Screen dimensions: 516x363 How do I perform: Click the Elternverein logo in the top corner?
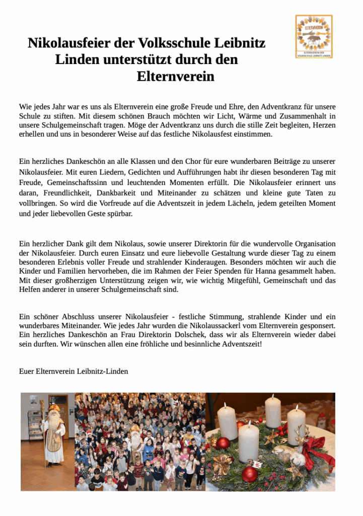pyautogui.click(x=313, y=36)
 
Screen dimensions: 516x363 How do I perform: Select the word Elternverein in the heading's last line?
pyautogui.click(x=175, y=77)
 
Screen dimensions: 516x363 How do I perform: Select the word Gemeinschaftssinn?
pyautogui.click(x=83, y=182)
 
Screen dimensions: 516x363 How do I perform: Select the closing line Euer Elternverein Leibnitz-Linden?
pyautogui.click(x=74, y=371)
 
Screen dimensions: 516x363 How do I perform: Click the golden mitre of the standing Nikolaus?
pyautogui.click(x=54, y=407)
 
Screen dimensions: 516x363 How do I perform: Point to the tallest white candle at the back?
pyautogui.click(x=273, y=412)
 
